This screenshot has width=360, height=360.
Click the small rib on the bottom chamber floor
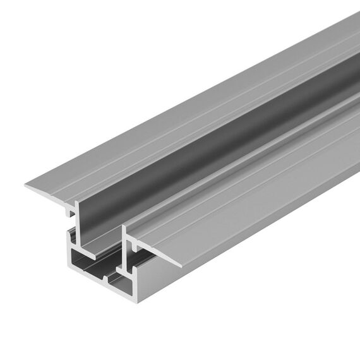[107, 278]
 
